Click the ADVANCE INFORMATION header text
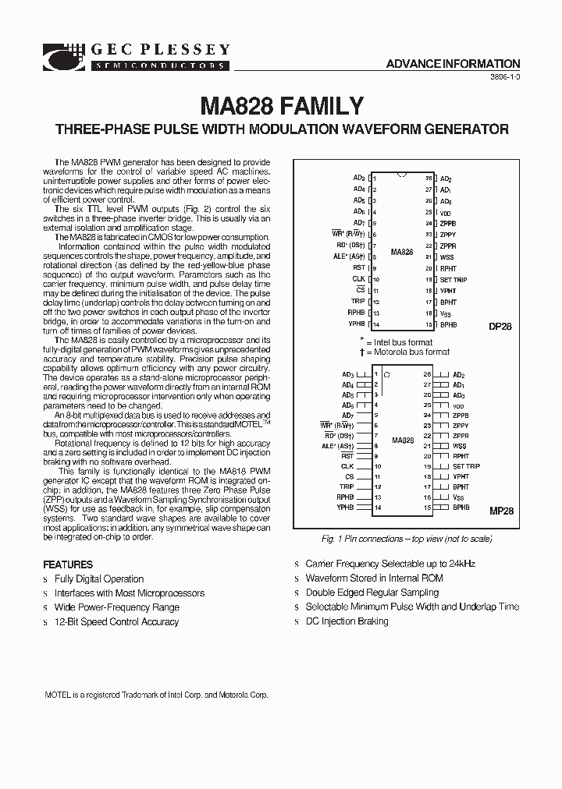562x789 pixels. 453,64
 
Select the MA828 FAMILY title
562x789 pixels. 282,106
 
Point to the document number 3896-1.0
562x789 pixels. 505,79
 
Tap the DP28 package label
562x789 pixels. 500,327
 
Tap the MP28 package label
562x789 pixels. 500,511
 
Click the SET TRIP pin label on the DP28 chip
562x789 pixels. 454,279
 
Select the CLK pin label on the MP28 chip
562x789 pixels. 347,466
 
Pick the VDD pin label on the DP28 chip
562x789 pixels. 446,212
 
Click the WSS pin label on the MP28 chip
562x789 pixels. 460,446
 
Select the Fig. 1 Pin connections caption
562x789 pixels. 407,539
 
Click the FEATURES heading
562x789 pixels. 68,564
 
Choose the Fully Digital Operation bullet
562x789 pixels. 99,579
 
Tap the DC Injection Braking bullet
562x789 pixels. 347,621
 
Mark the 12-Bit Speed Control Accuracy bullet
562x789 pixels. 116,622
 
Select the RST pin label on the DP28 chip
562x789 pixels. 359,267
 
